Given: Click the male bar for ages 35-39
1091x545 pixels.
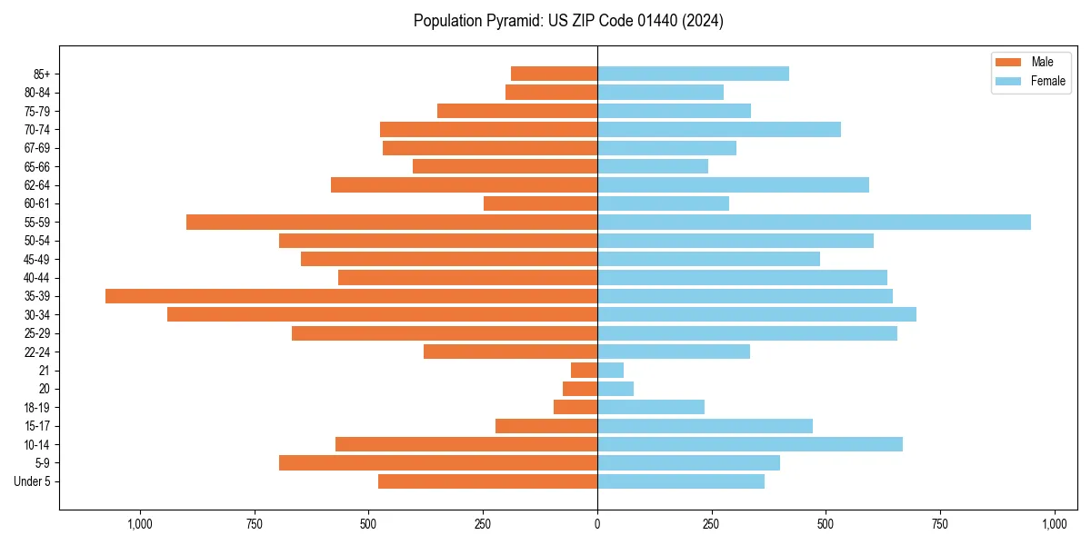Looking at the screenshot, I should point(351,296).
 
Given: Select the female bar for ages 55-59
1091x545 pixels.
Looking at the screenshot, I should point(814,222).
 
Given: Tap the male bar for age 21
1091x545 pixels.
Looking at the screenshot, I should point(584,371).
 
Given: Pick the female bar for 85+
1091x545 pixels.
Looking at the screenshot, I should point(693,74).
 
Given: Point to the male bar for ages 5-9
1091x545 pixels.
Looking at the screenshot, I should point(438,463).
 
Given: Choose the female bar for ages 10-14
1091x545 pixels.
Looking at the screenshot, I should point(750,444).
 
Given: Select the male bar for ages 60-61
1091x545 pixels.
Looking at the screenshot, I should point(540,203).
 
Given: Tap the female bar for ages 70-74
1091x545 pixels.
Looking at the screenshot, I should point(719,129).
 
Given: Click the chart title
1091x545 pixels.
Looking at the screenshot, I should point(568,21).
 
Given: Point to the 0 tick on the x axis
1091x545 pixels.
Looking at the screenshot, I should point(597,524).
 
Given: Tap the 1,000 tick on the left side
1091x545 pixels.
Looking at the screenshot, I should point(140,524).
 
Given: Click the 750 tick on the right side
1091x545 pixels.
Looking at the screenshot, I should point(940,524).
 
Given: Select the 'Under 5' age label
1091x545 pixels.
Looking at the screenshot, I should point(32,481).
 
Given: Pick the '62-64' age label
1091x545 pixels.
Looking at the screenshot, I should point(37,185).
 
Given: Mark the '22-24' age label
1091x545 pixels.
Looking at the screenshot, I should point(37,352).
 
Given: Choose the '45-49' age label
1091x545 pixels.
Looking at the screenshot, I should point(37,259).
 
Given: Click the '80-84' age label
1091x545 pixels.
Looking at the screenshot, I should point(37,93).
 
